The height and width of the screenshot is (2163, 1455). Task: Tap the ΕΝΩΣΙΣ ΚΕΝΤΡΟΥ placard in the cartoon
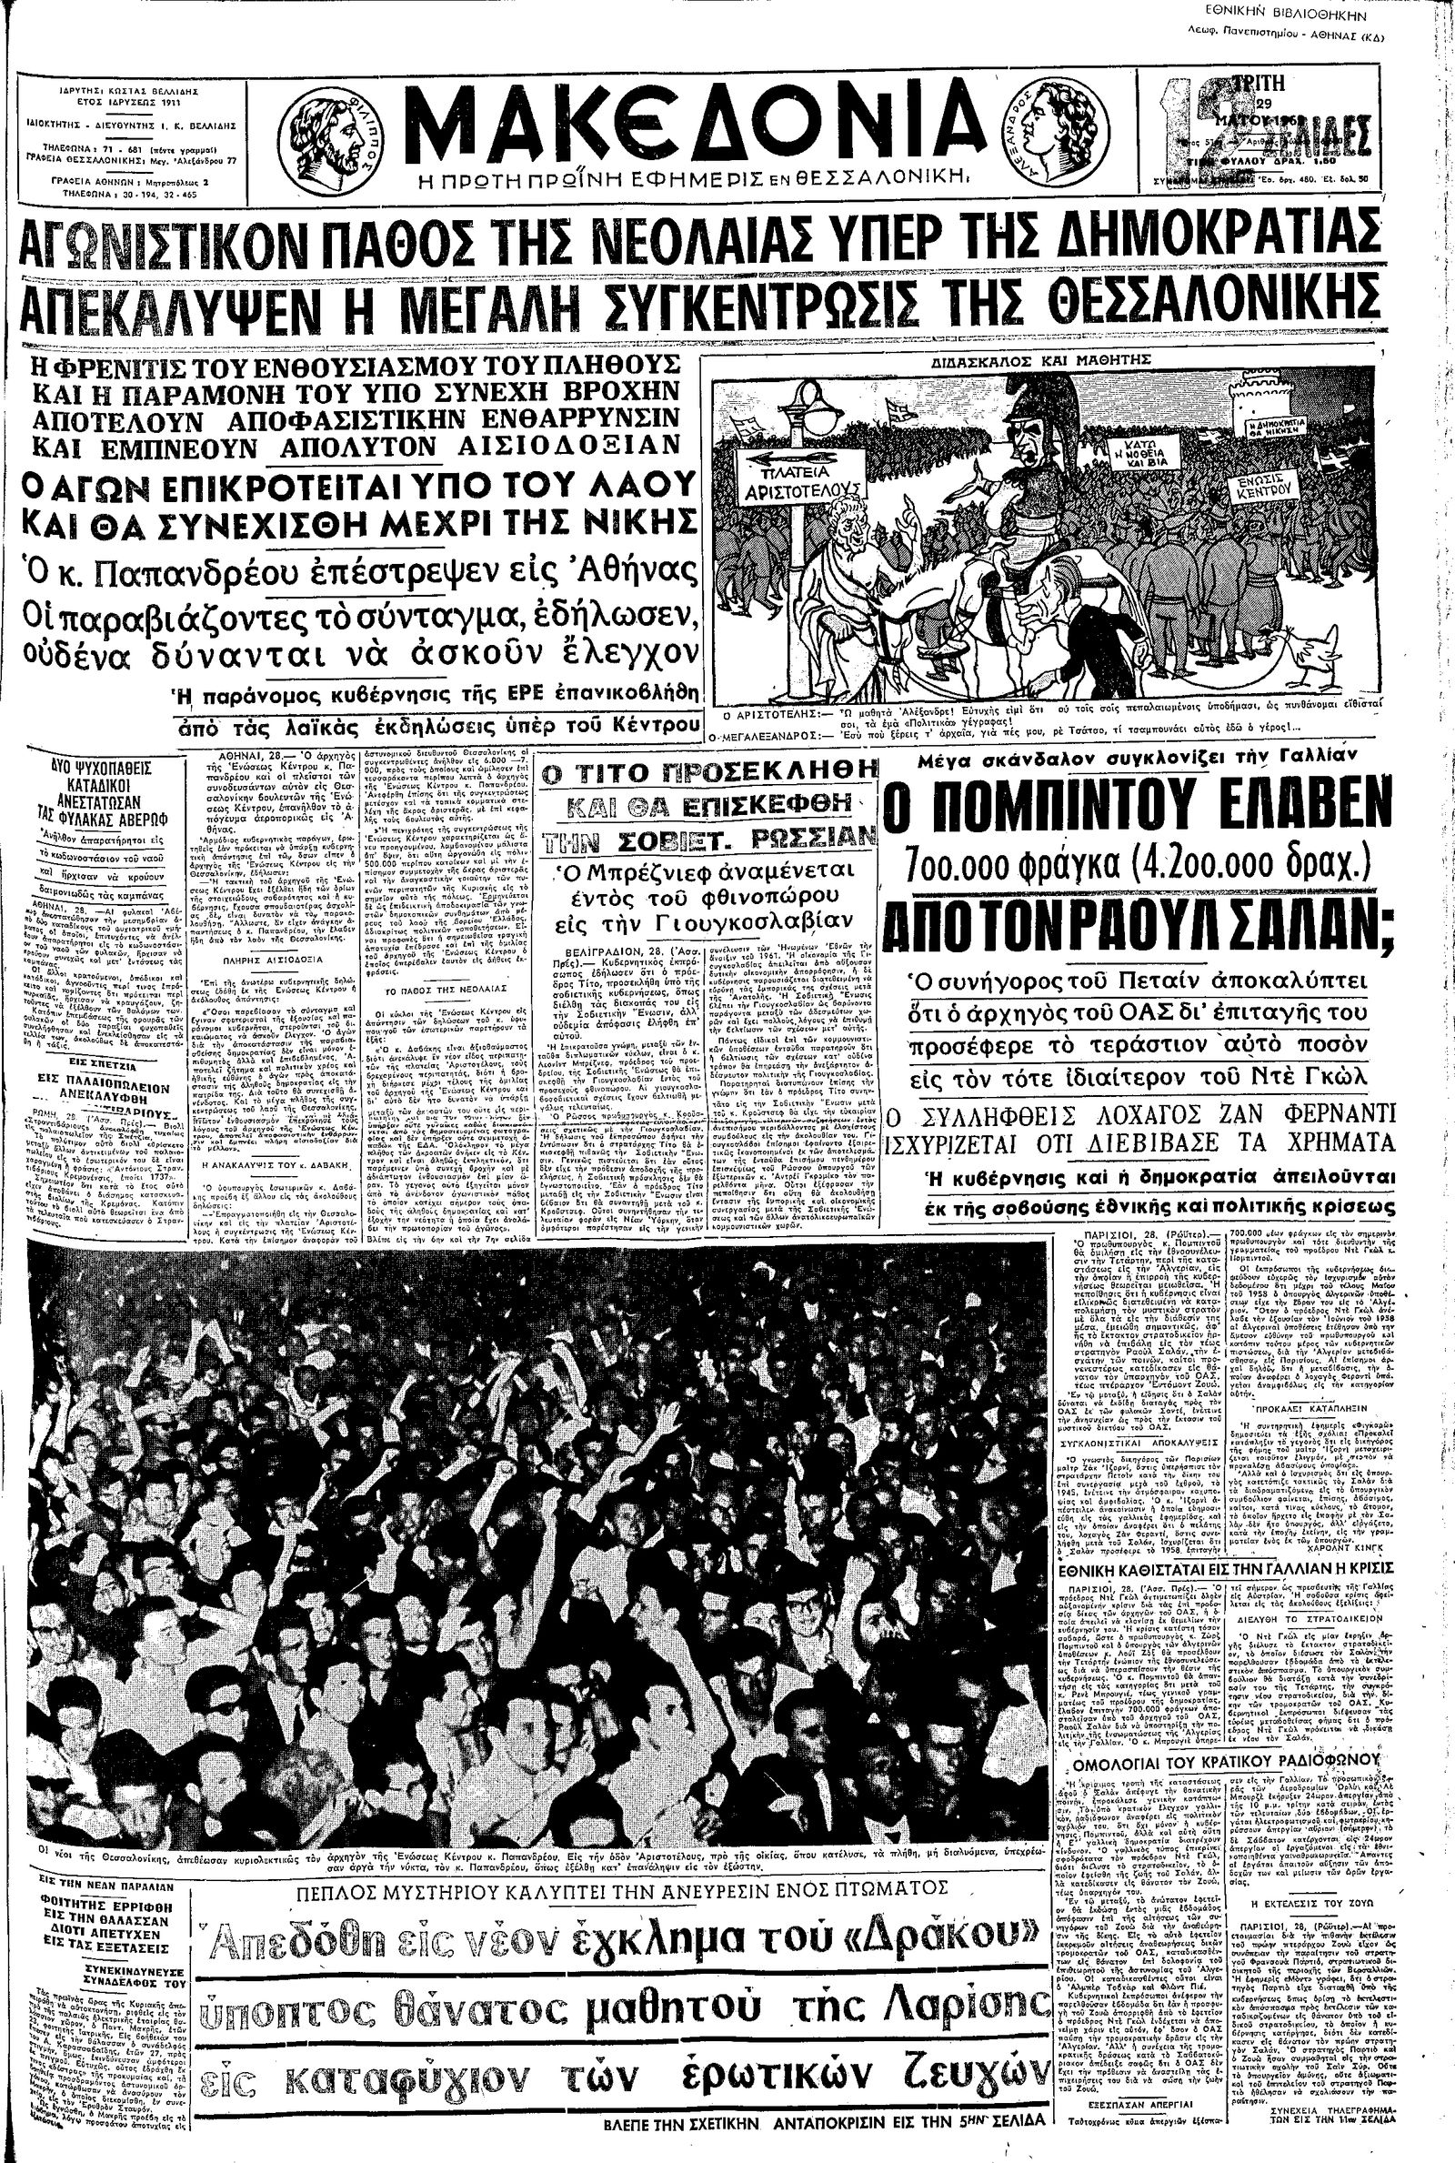click(x=1284, y=487)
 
